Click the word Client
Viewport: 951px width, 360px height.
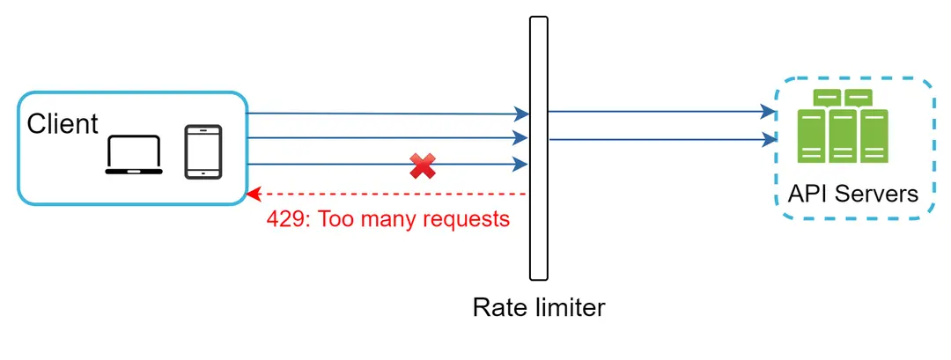[x=63, y=124]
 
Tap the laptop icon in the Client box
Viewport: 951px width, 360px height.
[x=134, y=155]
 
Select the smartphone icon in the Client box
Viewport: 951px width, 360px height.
[x=203, y=152]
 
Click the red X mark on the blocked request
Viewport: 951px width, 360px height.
[x=423, y=165]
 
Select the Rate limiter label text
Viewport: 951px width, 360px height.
[x=539, y=308]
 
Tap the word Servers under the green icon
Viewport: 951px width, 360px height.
[x=877, y=194]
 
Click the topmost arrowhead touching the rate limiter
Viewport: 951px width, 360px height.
[x=522, y=114]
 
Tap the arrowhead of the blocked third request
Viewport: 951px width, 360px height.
[x=522, y=164]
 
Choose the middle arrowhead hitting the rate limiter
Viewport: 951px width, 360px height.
[x=522, y=138]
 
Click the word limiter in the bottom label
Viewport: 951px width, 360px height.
[x=571, y=308]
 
